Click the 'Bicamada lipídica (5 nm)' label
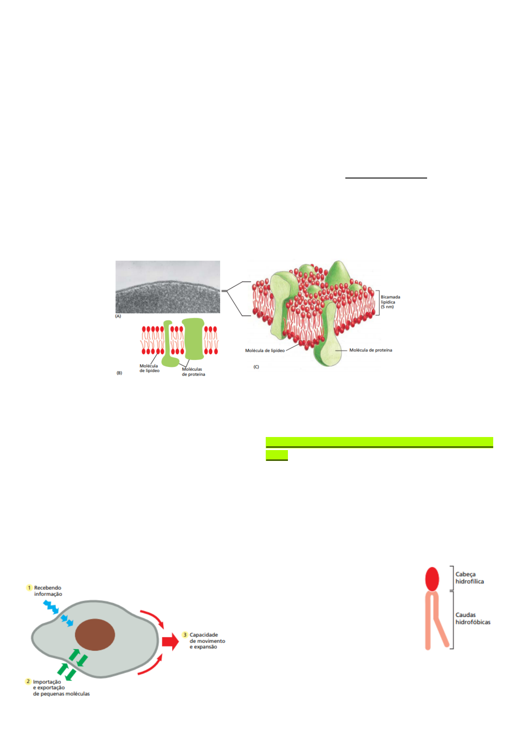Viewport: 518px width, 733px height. coord(390,302)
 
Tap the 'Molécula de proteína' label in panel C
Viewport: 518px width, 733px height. coord(371,350)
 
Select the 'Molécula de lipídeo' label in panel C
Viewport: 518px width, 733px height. coord(264,350)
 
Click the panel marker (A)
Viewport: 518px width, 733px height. coord(118,316)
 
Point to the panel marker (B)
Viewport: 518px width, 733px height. coord(119,373)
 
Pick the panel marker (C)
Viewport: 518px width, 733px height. coord(256,367)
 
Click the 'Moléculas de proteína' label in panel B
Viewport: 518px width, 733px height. coord(193,372)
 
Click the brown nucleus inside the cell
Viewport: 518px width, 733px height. coord(95,635)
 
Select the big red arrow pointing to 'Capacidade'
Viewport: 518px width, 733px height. coord(170,642)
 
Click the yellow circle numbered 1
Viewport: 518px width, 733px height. coord(30,588)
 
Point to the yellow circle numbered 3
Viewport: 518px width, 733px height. coord(185,635)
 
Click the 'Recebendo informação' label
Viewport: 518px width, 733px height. coord(48,591)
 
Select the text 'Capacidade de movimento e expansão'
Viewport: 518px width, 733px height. coord(207,641)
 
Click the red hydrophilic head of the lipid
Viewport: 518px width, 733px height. coord(432,578)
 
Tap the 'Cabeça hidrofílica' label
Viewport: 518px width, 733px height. coord(469,578)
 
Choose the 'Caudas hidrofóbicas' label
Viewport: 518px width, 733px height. coord(472,618)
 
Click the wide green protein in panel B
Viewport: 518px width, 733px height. coord(193,339)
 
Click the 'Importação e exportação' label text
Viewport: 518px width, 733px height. coord(61,688)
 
